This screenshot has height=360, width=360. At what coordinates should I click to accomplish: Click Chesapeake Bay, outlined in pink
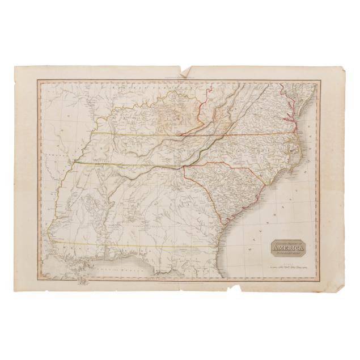tap(290, 108)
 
